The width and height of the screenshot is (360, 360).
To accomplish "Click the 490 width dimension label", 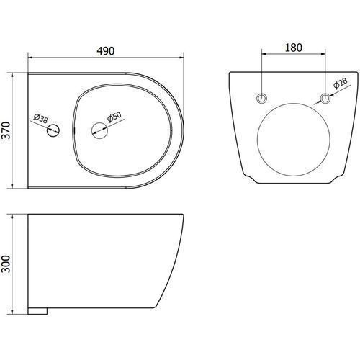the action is [x=106, y=51].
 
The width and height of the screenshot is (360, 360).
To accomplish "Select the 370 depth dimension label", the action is [x=6, y=130].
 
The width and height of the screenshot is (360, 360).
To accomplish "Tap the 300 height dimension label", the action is [x=6, y=264].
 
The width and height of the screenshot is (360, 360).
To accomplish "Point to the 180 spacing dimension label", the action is [x=293, y=48].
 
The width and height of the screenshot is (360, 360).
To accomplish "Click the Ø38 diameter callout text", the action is [x=41, y=118].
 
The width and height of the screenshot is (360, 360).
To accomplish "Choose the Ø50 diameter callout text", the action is [x=114, y=117].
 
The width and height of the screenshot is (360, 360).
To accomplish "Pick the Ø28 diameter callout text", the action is [x=341, y=83].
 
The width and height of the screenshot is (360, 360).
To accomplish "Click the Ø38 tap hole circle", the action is [x=53, y=130].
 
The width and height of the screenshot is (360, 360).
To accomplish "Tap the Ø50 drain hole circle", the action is [x=99, y=130].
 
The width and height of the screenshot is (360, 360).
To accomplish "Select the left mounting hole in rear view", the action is [x=261, y=98].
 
